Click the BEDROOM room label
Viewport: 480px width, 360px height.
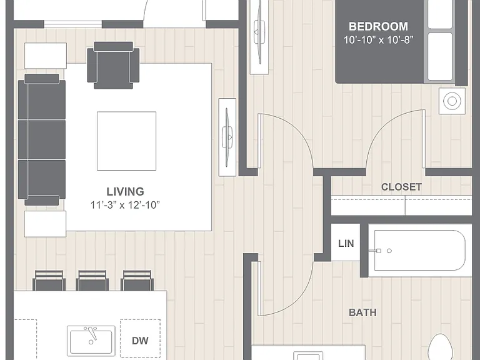coord(378,26)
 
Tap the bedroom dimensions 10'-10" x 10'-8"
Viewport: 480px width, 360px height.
coord(378,40)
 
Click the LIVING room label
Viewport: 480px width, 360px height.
coord(125,192)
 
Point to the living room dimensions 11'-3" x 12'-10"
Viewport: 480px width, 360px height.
coord(125,205)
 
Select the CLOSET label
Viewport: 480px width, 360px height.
coord(401,187)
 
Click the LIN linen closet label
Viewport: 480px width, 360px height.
coord(346,243)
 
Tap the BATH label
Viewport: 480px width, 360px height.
coord(362,312)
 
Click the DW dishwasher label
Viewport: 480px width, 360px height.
coord(140,341)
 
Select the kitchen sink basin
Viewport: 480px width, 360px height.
coord(91,341)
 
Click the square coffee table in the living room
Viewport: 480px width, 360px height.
coord(127,141)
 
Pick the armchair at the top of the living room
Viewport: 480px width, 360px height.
coord(113,65)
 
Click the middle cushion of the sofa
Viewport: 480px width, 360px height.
coord(42,139)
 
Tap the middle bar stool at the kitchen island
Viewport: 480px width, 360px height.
coord(92,280)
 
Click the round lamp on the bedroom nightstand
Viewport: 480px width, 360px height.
coord(452,101)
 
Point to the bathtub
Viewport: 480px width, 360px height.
coord(419,251)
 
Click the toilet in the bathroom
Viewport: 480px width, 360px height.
coord(441,347)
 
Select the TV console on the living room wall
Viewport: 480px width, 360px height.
coord(227,137)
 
